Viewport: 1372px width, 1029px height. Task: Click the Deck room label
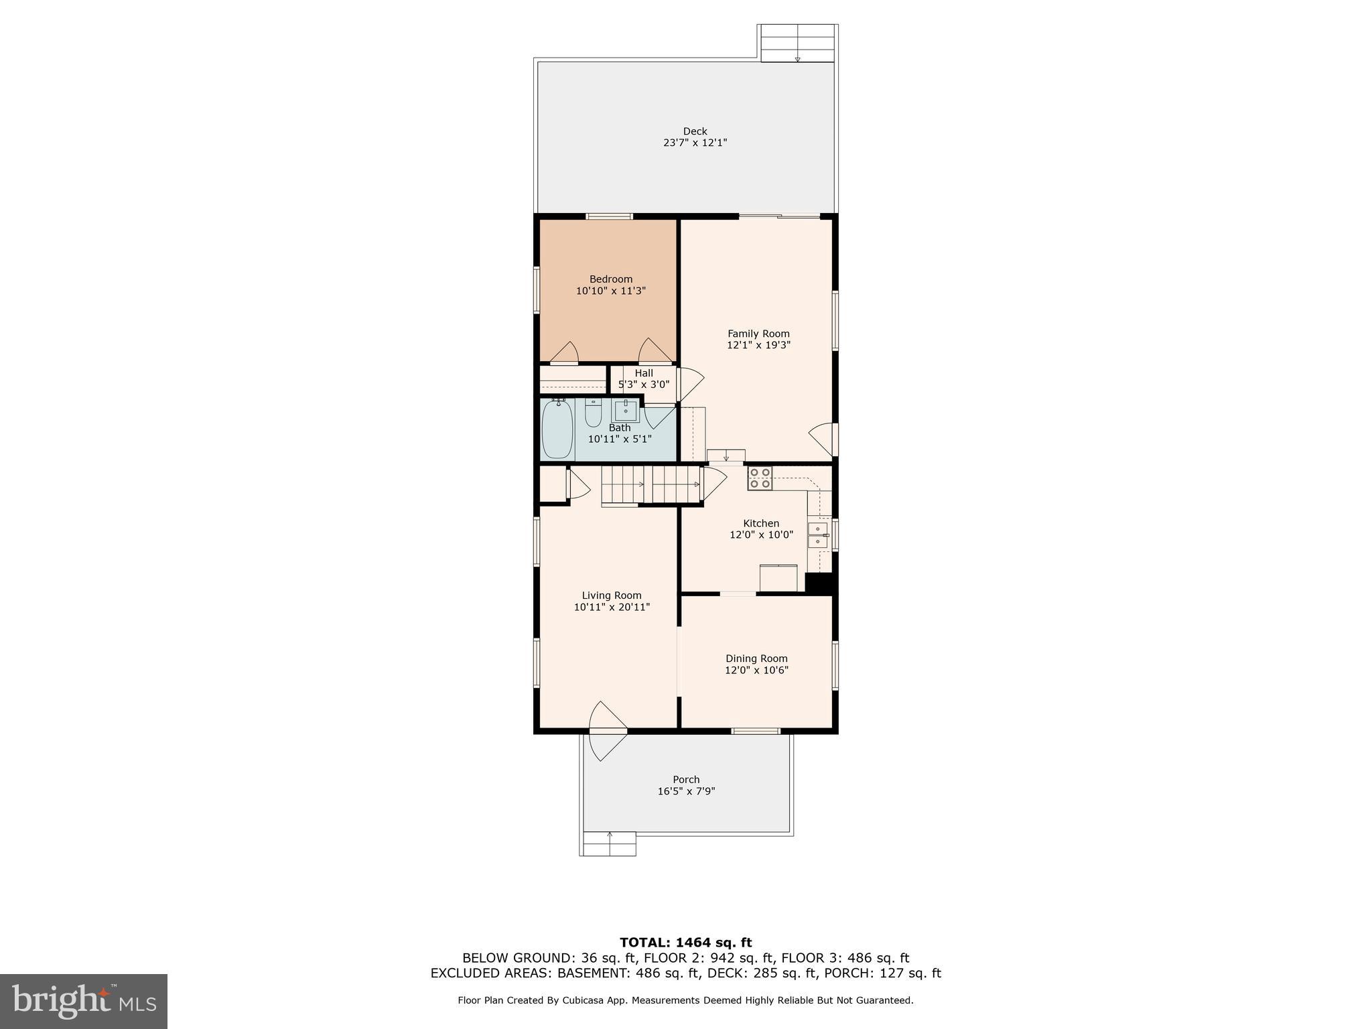tap(695, 131)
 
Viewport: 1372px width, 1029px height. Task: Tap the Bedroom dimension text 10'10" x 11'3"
tap(610, 291)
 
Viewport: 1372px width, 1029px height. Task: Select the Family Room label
tap(758, 334)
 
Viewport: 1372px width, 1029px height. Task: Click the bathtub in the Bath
tap(557, 429)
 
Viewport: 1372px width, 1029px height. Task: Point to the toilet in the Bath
tap(593, 413)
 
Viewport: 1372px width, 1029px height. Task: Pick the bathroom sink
tap(626, 410)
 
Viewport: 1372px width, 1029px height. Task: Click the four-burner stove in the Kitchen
tap(760, 478)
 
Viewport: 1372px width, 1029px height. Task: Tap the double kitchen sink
tap(817, 535)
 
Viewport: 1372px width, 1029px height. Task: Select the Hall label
tap(644, 373)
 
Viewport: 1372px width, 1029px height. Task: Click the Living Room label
tap(611, 596)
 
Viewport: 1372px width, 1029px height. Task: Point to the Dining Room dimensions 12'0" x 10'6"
tap(756, 671)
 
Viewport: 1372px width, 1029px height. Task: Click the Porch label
tap(686, 780)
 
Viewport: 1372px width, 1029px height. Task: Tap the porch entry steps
tap(609, 843)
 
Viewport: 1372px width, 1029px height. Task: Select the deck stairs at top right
tap(797, 44)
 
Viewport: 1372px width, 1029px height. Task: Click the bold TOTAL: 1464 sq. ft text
tap(685, 943)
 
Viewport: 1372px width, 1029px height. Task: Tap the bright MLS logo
tap(84, 1001)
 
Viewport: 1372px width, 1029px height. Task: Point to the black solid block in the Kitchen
tap(819, 583)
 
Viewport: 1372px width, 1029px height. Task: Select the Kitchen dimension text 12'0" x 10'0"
tap(761, 535)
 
